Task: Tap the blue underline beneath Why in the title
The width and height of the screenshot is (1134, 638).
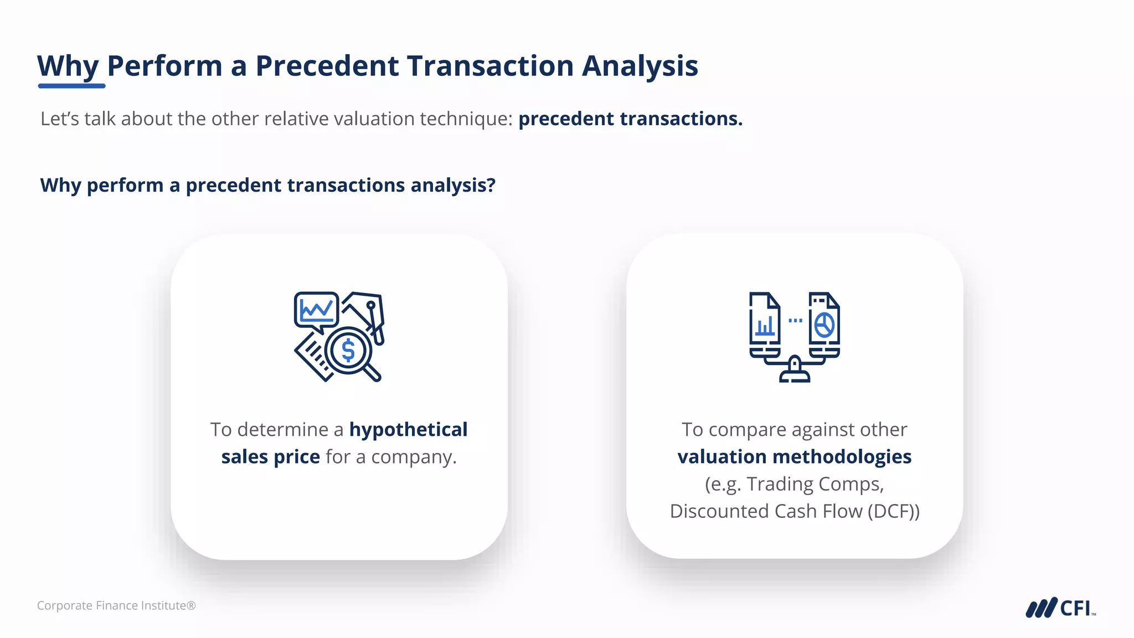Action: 71,86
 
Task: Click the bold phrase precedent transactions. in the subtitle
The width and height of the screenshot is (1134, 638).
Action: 630,119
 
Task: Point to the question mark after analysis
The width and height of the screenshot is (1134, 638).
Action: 491,185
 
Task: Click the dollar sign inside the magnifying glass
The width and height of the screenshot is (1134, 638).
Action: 348,351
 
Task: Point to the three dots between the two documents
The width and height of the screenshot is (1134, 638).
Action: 795,320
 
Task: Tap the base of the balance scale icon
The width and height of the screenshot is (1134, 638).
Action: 795,377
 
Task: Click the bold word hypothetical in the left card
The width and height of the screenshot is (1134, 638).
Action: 408,429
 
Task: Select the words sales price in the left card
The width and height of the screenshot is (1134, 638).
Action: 270,457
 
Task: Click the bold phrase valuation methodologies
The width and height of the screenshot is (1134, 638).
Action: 794,457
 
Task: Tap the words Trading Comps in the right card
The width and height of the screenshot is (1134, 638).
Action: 814,484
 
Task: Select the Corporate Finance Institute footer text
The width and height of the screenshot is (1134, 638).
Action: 116,605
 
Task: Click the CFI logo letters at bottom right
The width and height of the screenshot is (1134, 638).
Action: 1075,608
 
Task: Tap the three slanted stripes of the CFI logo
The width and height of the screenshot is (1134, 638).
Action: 1041,608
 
